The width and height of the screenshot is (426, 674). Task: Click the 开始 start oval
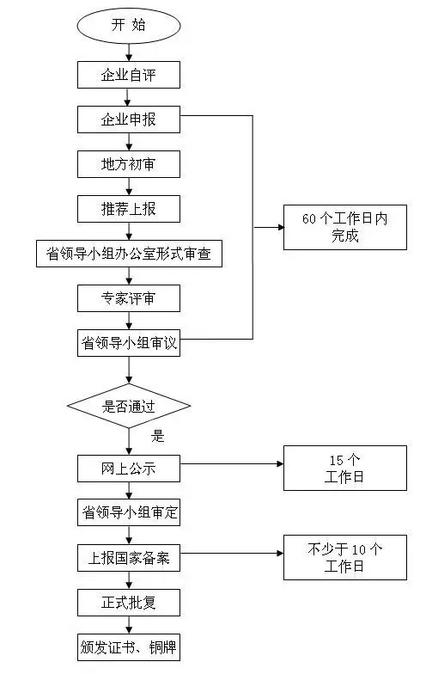click(129, 25)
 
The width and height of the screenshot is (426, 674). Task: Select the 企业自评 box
click(129, 75)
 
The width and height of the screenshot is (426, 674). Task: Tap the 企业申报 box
click(129, 119)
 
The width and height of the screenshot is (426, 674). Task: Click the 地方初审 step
click(129, 164)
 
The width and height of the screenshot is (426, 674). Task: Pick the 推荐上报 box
click(129, 209)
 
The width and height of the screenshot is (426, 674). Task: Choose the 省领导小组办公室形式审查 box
click(129, 254)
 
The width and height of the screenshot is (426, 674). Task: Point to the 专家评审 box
click(129, 298)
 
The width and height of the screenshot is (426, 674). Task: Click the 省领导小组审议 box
click(129, 343)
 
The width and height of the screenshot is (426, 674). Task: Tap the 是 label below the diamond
click(157, 436)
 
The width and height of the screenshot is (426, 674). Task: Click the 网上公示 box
click(129, 469)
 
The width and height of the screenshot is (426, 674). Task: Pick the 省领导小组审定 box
click(129, 513)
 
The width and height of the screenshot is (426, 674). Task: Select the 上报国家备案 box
click(129, 558)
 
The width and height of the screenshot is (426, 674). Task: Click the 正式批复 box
click(129, 603)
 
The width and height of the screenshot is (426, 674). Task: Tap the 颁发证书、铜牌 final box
click(129, 646)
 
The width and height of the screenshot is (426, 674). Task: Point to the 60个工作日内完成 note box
click(345, 227)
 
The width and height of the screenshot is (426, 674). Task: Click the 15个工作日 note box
click(345, 469)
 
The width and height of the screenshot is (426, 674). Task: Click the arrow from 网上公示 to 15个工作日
click(232, 464)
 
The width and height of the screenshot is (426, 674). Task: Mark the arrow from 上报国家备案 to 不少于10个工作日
click(232, 555)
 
